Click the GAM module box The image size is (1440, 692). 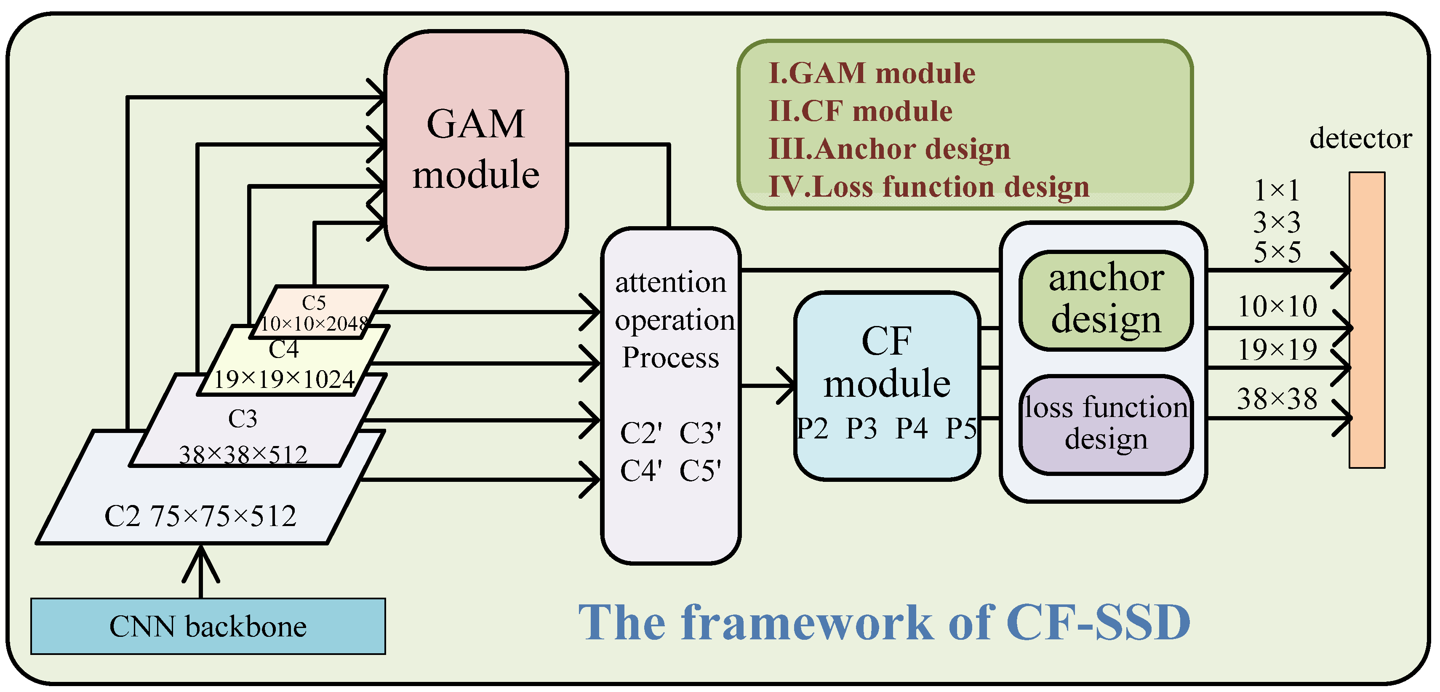coord(476,150)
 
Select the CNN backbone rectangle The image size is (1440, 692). coord(208,626)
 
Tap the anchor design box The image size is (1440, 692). coord(1106,300)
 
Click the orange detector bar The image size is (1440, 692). coord(1366,320)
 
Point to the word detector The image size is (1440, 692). coord(1360,138)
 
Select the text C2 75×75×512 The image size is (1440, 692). coord(200,516)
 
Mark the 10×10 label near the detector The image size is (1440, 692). coord(1277,306)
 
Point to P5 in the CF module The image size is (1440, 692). coord(961,429)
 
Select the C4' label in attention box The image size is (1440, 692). coord(641,470)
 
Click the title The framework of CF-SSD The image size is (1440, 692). coord(884,622)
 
